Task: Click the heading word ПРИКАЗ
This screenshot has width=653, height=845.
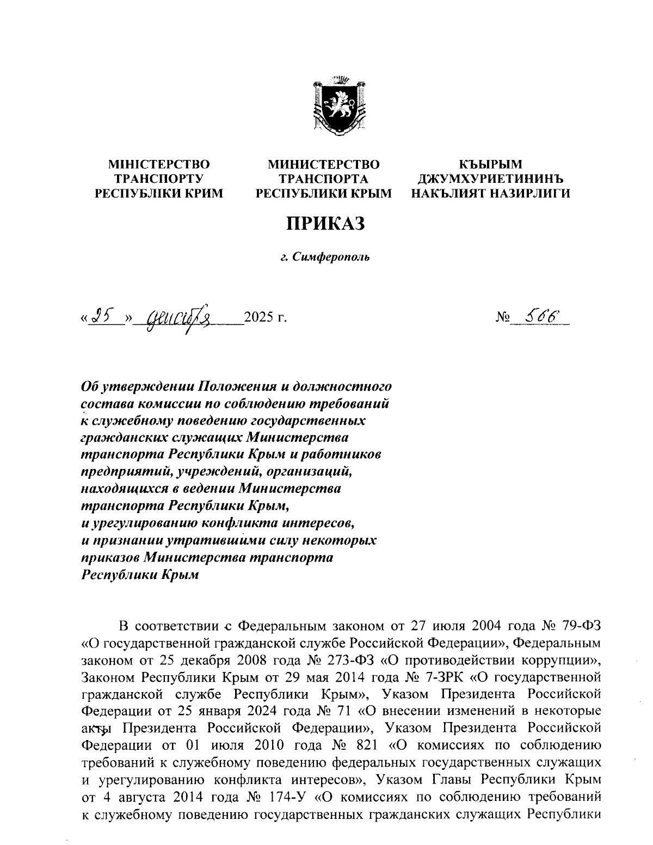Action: pyautogui.click(x=325, y=223)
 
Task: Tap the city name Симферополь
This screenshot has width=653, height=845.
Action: pyautogui.click(x=331, y=256)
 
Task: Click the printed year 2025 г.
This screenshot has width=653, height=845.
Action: pyautogui.click(x=265, y=317)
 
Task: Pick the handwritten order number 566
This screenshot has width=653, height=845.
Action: pyautogui.click(x=537, y=315)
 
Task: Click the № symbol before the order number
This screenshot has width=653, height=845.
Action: pyautogui.click(x=503, y=317)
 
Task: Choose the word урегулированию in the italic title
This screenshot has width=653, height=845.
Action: pyautogui.click(x=144, y=525)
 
